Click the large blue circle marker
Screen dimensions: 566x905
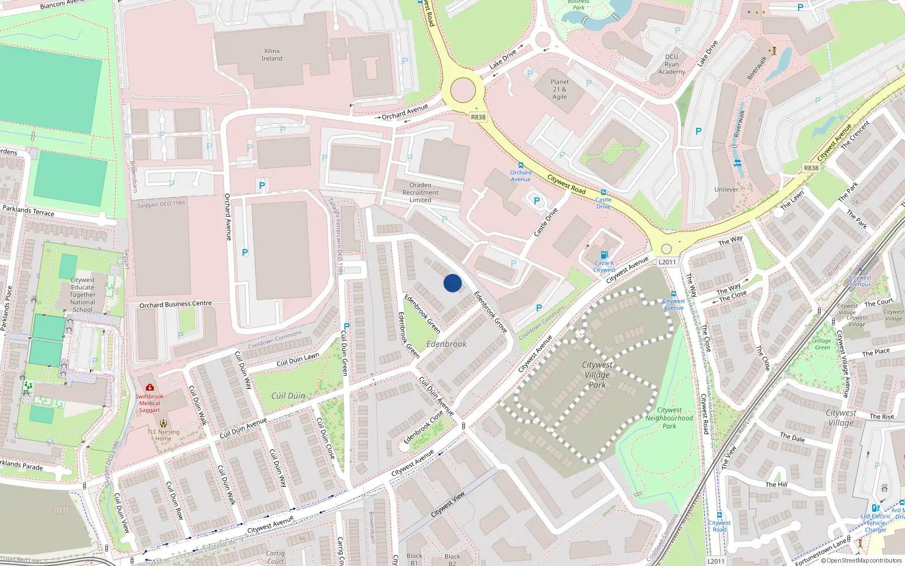(452, 283)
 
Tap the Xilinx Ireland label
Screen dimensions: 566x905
(271, 55)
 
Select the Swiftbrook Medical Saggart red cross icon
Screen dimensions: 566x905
(150, 387)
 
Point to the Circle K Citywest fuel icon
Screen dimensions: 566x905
(604, 255)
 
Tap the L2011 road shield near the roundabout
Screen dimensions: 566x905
(667, 262)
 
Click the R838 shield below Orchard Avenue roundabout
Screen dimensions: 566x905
(478, 117)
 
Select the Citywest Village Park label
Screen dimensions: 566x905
(597, 375)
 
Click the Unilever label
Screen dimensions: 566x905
(726, 190)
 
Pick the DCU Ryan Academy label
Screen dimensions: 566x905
(671, 64)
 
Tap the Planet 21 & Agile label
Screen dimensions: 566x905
(559, 89)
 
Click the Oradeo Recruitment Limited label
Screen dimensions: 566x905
(420, 192)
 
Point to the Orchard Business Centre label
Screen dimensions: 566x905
(175, 305)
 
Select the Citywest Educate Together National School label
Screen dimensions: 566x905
(83, 295)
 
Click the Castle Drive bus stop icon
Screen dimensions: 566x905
(604, 192)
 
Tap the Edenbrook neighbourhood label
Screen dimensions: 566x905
(446, 344)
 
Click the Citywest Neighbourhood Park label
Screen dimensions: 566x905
(669, 418)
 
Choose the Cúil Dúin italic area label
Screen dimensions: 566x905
(288, 396)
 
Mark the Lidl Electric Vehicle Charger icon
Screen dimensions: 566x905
(875, 508)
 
